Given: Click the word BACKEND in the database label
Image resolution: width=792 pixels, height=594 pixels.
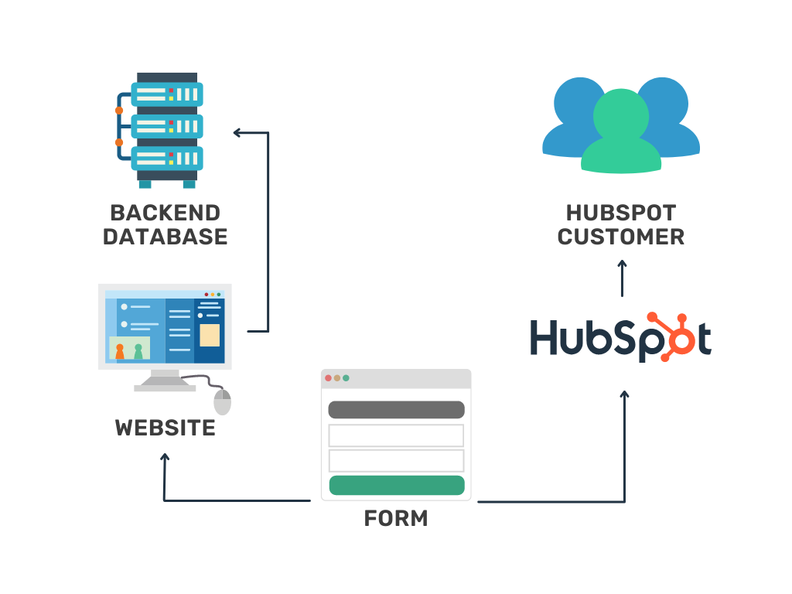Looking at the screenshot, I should click(x=165, y=213).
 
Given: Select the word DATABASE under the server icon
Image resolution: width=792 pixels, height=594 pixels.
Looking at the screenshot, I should click(x=165, y=237).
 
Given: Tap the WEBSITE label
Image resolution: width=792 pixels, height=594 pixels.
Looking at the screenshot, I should click(x=165, y=428).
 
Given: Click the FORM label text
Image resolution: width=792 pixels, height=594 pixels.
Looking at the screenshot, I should click(x=396, y=518).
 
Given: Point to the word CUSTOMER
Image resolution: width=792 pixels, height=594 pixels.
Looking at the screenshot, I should click(x=621, y=237).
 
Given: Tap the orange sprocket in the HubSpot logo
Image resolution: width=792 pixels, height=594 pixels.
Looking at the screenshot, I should click(x=671, y=333).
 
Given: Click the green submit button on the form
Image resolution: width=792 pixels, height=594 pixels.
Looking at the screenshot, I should click(x=396, y=485).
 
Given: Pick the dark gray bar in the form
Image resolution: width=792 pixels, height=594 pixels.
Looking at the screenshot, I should click(x=396, y=410).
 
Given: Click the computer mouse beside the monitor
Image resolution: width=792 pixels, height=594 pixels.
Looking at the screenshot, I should click(x=223, y=401).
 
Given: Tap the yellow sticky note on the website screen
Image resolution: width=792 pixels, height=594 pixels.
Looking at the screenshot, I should click(x=210, y=335).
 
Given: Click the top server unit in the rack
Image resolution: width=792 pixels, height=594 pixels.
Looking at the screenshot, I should click(x=166, y=94).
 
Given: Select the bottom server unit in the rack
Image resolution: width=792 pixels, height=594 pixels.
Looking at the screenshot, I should click(x=166, y=158).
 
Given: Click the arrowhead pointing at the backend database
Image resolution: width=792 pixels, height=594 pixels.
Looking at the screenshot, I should click(x=238, y=133).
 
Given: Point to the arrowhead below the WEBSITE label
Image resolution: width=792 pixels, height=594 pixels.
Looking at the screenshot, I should click(x=164, y=457).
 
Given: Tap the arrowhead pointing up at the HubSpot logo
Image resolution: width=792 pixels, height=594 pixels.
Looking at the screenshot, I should click(x=624, y=394).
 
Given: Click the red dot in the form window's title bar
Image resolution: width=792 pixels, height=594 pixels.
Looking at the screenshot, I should click(x=329, y=378).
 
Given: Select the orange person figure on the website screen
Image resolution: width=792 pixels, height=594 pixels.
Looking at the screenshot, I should click(x=120, y=352).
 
